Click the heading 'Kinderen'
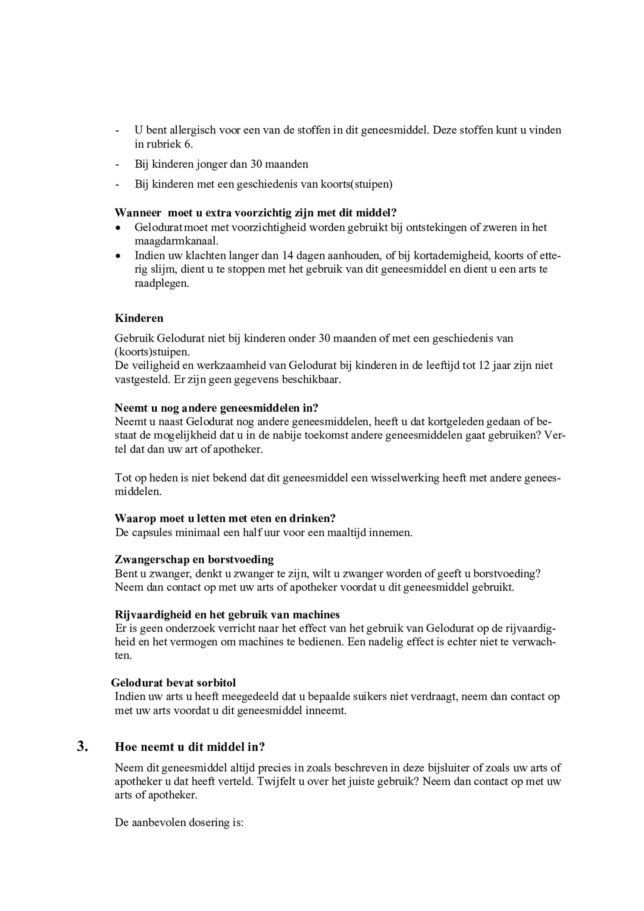(x=139, y=318)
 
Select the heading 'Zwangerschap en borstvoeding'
(x=194, y=559)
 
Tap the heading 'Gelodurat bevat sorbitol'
(x=173, y=682)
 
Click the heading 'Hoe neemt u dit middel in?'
(x=190, y=747)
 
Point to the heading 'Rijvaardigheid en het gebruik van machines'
(x=227, y=615)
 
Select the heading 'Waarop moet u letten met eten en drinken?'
(x=225, y=518)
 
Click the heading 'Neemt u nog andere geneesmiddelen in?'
(x=216, y=408)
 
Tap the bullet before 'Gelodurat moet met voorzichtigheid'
(x=118, y=228)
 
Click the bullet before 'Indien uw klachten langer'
(x=118, y=256)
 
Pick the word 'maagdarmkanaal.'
(x=176, y=241)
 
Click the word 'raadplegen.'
(x=162, y=284)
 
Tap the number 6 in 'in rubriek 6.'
(x=188, y=144)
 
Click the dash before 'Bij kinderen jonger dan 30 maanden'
(x=117, y=164)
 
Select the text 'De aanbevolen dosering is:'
(x=179, y=822)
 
